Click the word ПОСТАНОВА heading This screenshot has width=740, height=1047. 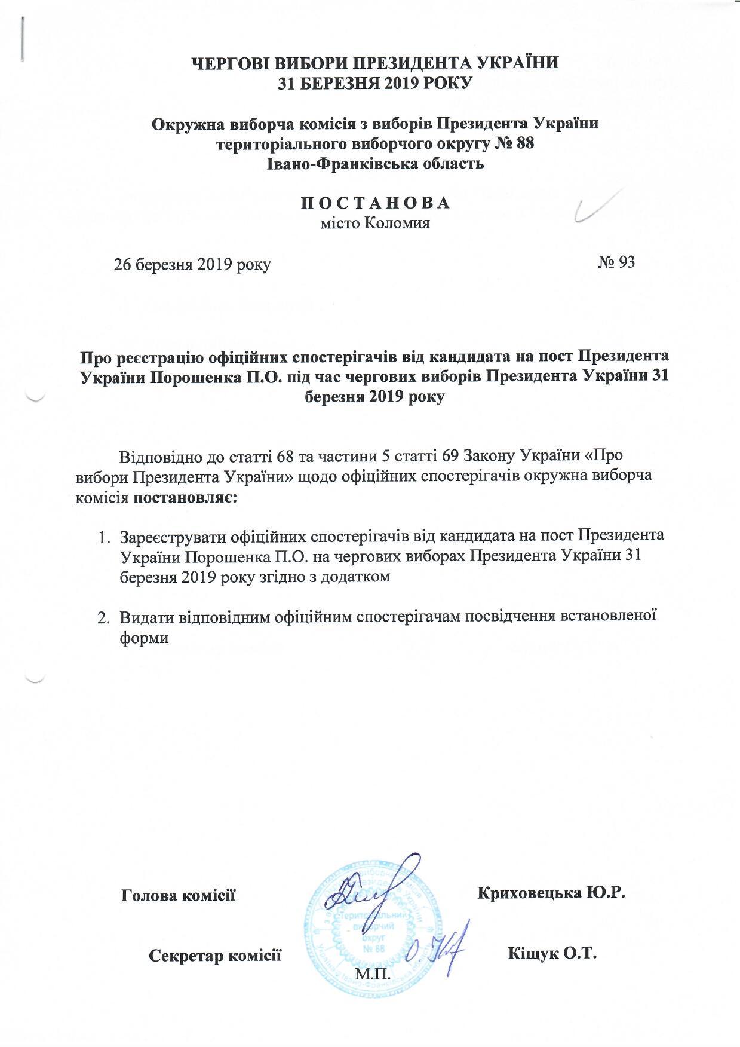click(374, 203)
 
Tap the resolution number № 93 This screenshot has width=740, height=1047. click(616, 262)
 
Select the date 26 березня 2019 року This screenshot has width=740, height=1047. click(192, 264)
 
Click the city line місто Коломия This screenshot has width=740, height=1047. click(375, 224)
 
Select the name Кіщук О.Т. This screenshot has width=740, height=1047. click(552, 953)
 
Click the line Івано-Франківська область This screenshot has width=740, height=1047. click(374, 163)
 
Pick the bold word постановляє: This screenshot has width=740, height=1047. click(186, 498)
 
